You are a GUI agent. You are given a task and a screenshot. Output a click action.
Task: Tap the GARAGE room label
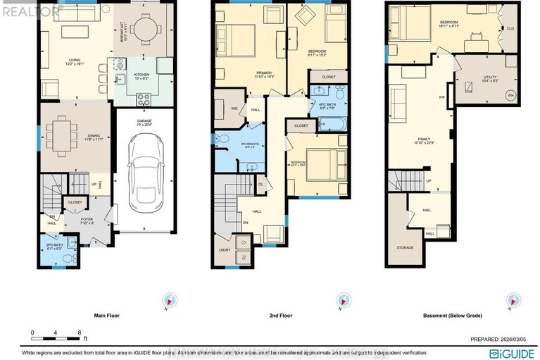point(144,121)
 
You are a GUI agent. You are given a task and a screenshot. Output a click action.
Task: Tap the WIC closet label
point(234,108)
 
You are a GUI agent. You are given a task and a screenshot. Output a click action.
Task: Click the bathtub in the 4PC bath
point(333,124)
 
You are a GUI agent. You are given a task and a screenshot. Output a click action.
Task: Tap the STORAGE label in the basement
point(404,247)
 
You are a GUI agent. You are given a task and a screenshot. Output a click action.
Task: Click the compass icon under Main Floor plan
point(168,302)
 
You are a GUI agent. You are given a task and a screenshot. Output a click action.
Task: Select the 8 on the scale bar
point(79,332)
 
